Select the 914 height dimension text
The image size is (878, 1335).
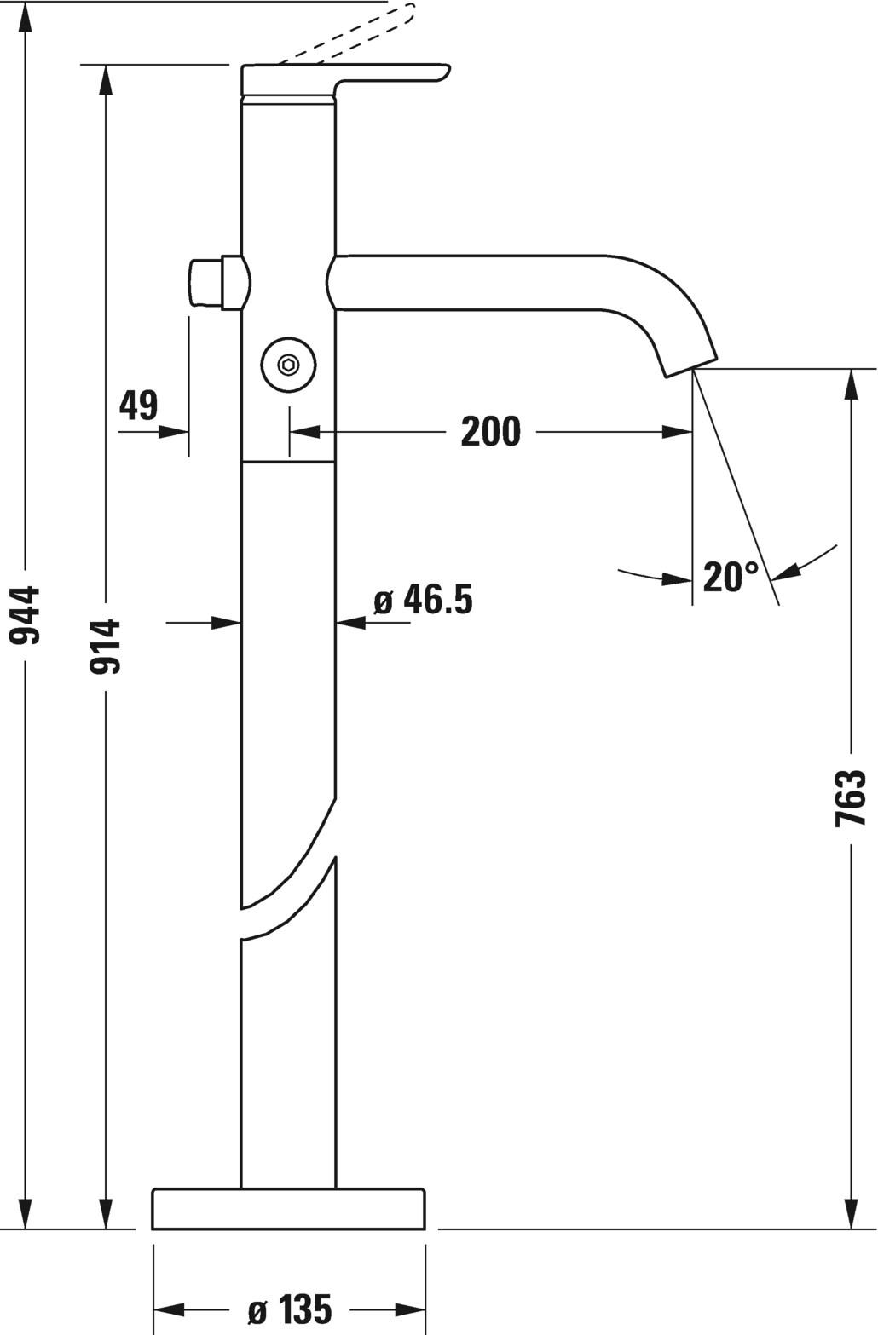[105, 647]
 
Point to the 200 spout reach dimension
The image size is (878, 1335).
[490, 432]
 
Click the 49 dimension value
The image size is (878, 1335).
[138, 406]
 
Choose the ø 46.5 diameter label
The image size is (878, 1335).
[423, 600]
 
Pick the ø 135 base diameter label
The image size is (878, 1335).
[290, 1309]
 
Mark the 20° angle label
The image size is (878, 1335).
[730, 577]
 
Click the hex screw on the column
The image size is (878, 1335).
[289, 365]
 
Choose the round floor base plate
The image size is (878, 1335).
[288, 1209]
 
